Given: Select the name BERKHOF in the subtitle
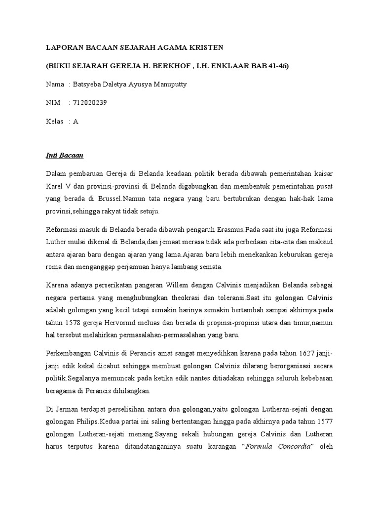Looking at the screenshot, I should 176,66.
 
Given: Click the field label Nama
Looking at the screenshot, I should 55,84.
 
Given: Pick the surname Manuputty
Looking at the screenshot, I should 170,84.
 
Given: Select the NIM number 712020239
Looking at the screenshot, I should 90,103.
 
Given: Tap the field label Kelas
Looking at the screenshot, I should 55,121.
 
